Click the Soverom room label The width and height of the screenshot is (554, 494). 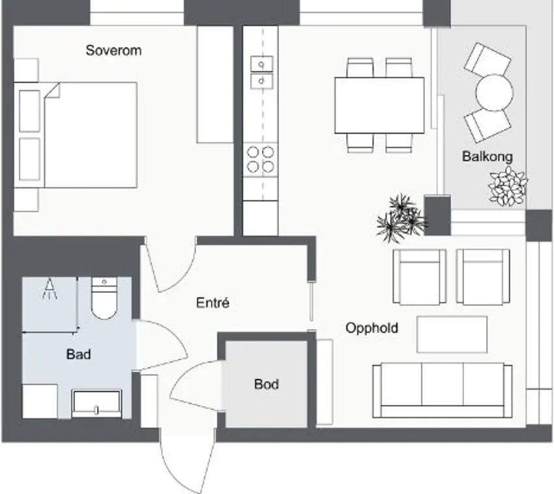113,51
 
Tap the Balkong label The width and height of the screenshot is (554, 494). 488,156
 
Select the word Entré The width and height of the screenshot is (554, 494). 212,303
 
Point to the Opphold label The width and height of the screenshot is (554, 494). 372,328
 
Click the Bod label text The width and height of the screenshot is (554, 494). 267,384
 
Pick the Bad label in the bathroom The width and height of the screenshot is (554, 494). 78,354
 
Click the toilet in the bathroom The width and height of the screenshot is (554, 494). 104,298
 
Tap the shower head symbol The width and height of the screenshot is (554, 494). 50,288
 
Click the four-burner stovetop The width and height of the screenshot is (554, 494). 261,159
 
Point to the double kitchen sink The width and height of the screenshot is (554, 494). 261,72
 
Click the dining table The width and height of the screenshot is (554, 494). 379,105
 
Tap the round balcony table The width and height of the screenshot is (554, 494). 494,92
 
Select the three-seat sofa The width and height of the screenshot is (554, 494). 443,391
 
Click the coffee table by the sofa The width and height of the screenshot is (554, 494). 452,335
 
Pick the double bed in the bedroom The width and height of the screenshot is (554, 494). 76,135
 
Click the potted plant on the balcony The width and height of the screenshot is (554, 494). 507,187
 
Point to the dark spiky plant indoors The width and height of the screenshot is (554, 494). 401,219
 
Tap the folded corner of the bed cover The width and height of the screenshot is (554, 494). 52,91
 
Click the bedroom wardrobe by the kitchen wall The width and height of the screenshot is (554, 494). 215,85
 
